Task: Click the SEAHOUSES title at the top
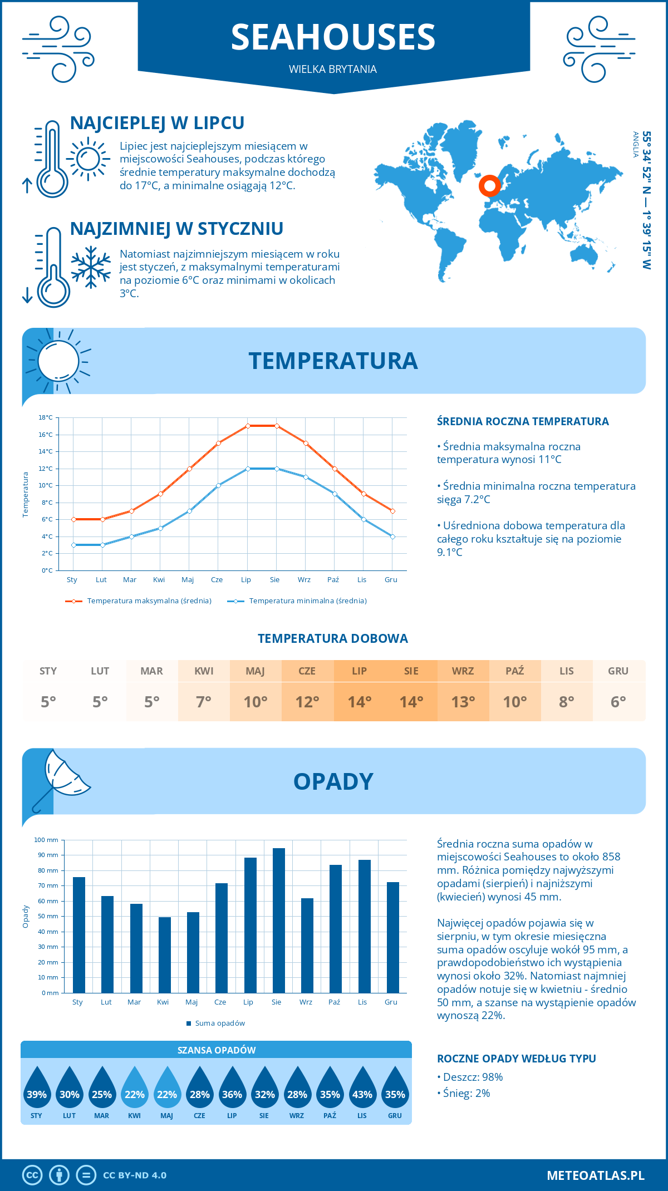click(333, 37)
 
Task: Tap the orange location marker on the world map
click(490, 186)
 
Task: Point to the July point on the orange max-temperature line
click(248, 426)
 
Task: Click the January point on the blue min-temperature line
click(73, 545)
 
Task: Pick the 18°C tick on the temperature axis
click(46, 417)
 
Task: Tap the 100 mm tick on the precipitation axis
click(46, 840)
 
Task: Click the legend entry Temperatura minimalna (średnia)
click(307, 601)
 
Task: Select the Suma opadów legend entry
click(219, 1023)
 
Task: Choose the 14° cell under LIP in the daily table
click(359, 702)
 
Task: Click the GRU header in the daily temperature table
click(618, 671)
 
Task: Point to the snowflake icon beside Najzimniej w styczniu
click(91, 267)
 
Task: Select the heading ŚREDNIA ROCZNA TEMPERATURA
click(523, 421)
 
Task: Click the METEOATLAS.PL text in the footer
click(595, 1175)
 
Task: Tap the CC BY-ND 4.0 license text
click(135, 1175)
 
